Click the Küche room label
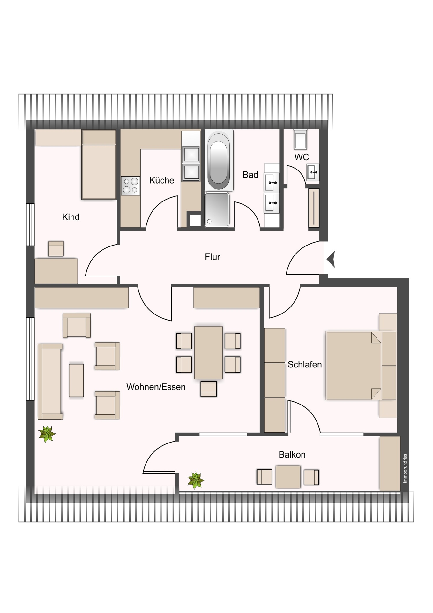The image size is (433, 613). (161, 180)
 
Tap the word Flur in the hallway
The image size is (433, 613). (213, 257)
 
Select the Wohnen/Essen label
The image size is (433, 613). (156, 387)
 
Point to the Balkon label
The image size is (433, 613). (292, 454)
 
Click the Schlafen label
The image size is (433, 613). (305, 365)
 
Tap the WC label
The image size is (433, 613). (302, 157)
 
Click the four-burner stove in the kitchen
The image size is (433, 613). (131, 185)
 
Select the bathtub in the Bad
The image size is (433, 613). (219, 160)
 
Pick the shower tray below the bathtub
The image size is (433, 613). (217, 209)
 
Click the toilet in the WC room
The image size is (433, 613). (300, 139)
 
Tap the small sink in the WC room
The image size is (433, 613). (313, 172)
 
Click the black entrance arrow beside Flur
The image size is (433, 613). (331, 259)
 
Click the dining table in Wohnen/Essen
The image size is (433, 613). (208, 352)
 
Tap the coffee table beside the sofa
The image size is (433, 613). (76, 380)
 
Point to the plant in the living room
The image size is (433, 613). (47, 434)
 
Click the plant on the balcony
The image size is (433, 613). (196, 480)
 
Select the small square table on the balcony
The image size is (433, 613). (288, 477)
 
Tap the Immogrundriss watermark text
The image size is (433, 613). (405, 468)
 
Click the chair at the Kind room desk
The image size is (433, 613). (56, 248)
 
